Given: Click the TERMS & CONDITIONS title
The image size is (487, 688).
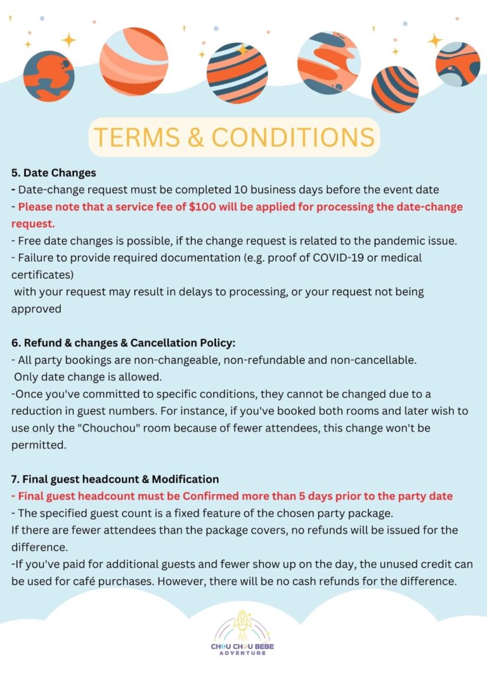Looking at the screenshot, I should (233, 137).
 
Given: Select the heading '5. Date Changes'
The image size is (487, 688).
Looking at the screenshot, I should (53, 172).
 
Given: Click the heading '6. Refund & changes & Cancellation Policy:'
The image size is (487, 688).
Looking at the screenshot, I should (123, 343).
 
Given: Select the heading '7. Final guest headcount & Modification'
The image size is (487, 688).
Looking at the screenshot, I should (115, 479).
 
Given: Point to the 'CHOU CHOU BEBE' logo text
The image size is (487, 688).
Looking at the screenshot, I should (242, 646).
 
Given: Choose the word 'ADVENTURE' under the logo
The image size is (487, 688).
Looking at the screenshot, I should (242, 653).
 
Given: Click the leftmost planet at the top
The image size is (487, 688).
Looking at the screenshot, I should (49, 76).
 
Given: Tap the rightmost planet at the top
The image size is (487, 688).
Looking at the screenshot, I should (457, 64).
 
